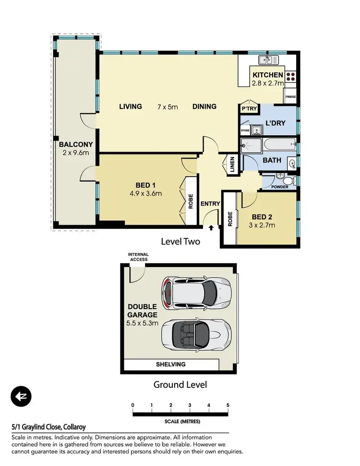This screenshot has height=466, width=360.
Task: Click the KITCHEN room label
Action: (x=268, y=75)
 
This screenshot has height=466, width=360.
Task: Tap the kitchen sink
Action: (x=265, y=60)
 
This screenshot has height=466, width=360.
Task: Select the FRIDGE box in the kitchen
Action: (x=290, y=97)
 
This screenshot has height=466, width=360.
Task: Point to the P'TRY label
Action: (x=250, y=109)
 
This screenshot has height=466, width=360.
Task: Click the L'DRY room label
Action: (x=276, y=123)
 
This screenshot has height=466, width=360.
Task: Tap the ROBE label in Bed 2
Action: (x=230, y=219)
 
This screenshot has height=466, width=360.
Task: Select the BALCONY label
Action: (x=76, y=144)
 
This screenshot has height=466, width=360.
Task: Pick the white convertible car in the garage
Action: (x=196, y=334)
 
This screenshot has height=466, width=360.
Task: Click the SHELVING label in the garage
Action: (x=170, y=364)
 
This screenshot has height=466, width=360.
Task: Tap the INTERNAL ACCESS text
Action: (x=138, y=257)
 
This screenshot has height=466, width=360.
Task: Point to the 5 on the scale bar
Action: (x=228, y=406)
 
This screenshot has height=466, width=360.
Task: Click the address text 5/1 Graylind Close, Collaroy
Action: (x=48, y=427)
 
